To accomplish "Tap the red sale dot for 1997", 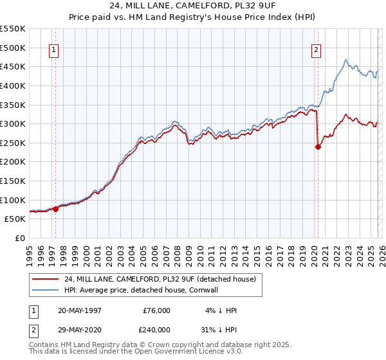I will [x=56, y=209].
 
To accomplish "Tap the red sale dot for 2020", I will [x=318, y=147].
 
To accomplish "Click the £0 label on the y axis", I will [x=19, y=238].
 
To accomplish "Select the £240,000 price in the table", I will [x=156, y=328].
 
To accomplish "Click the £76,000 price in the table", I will [x=156, y=310].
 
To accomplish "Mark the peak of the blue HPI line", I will [x=346, y=60].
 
